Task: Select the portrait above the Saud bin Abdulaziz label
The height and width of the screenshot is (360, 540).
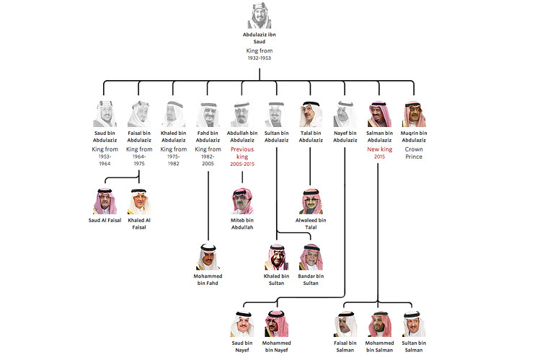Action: coord(105,115)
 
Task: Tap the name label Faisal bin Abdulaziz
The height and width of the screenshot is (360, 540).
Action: coord(138,136)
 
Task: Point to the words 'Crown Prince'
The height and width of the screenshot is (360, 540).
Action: coord(414,152)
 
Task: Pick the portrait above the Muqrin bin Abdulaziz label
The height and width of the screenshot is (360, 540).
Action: coord(414,115)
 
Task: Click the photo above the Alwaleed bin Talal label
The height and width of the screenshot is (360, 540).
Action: coord(311,201)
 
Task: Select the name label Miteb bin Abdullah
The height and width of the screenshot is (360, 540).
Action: coord(242,223)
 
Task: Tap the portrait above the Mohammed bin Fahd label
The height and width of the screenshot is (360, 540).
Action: coord(208,257)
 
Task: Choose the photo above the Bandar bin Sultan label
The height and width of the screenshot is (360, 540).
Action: coord(311,257)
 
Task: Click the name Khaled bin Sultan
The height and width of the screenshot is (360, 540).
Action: coord(277,279)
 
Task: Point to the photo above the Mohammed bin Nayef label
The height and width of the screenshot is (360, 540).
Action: coord(277,324)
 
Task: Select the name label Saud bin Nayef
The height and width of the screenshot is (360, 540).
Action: coord(242,346)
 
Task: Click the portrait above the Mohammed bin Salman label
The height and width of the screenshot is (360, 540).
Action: coord(379,324)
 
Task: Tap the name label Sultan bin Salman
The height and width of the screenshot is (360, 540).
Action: coord(414,346)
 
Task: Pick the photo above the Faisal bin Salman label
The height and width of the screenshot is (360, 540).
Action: coord(345,324)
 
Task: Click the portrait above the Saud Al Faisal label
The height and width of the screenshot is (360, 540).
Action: coord(105,201)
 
